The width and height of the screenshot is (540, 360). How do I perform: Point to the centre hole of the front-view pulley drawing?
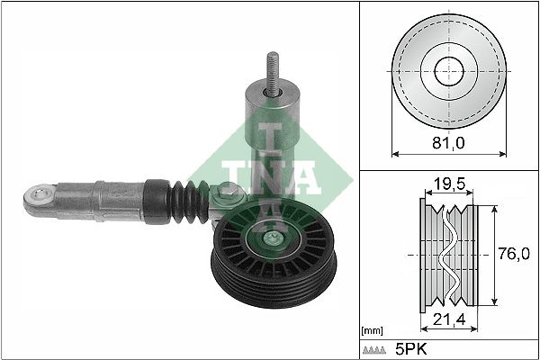[x=446, y=71]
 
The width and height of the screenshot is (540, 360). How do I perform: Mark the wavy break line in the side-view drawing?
[x=450, y=256]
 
